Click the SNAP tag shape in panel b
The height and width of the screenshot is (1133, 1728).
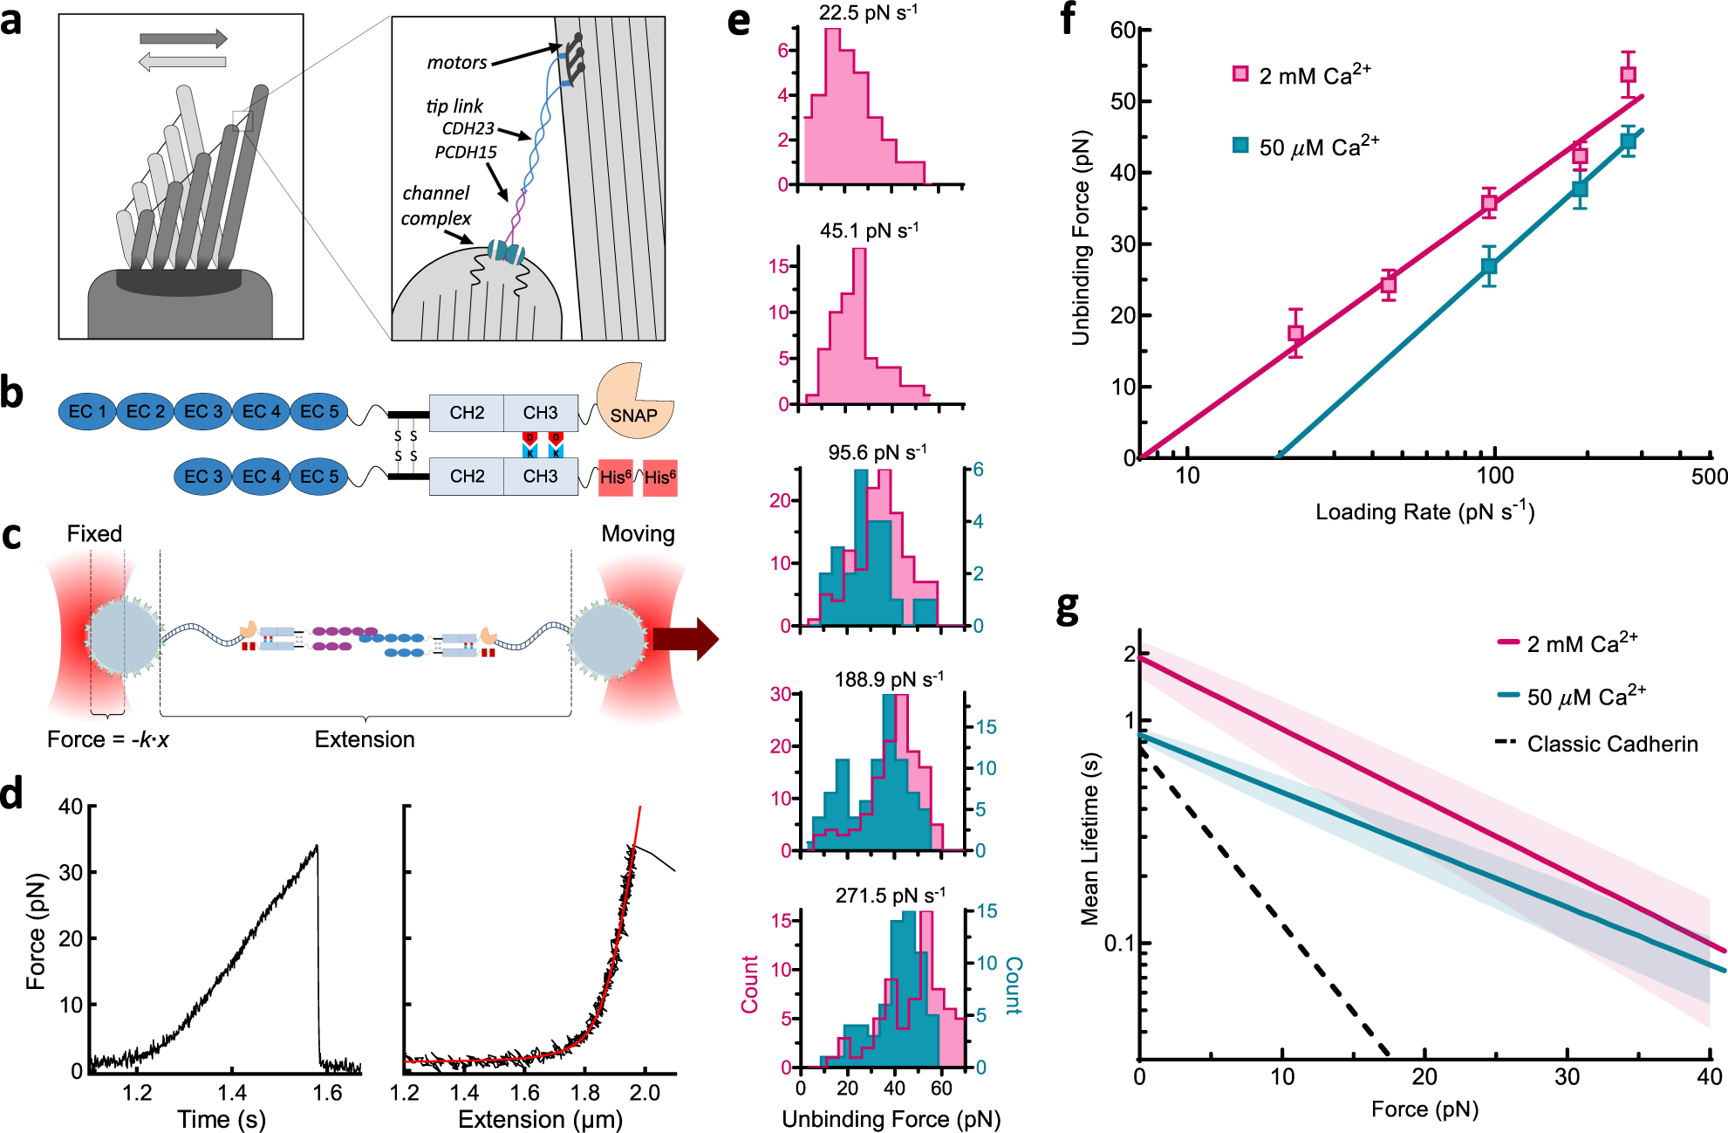pos(633,403)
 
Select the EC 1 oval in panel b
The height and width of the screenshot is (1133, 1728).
pos(87,411)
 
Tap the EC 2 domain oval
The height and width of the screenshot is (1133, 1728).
pos(145,411)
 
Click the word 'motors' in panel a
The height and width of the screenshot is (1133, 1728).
pos(457,63)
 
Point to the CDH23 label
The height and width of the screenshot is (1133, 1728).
pos(468,128)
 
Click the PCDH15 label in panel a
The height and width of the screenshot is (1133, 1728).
pos(466,152)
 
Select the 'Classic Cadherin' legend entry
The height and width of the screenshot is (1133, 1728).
pos(1596,744)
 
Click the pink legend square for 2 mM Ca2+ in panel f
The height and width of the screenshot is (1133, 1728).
pos(1240,74)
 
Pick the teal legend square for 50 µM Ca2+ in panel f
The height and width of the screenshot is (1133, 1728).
pos(1240,145)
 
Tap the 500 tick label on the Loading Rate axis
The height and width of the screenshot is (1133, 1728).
pos(1708,477)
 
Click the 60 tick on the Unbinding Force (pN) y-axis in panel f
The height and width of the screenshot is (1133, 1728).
pos(1124,31)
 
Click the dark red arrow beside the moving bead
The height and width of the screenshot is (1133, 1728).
pos(686,639)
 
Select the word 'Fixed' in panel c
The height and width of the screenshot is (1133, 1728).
pos(94,533)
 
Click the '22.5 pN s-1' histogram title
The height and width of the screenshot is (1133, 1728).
pos(868,13)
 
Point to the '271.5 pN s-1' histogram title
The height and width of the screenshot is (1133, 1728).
pos(891,896)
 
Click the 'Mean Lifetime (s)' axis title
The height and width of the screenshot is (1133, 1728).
pos(1089,838)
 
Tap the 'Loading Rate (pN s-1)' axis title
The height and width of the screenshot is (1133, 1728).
pos(1425,511)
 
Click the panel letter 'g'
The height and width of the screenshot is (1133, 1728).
pos(1068,608)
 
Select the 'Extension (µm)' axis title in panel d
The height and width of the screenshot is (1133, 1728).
pos(540,1119)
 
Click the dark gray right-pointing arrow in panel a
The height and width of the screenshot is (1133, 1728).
pos(183,38)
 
